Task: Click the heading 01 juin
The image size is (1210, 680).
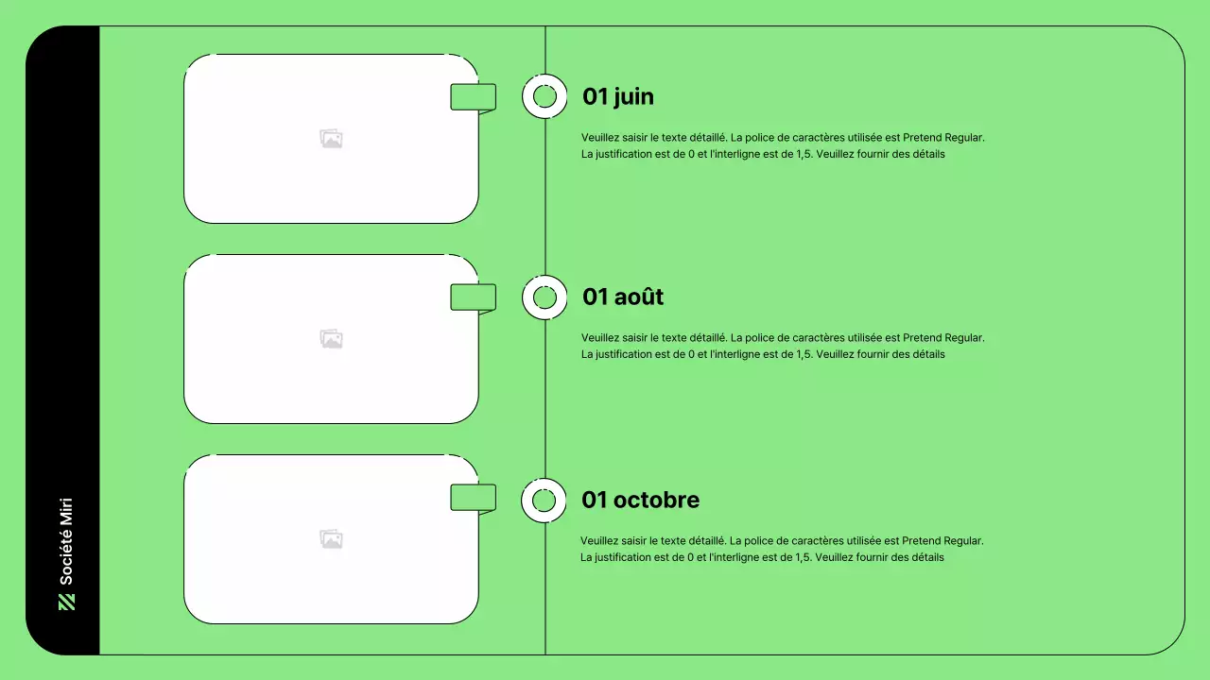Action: [617, 96]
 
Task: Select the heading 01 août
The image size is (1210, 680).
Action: [622, 297]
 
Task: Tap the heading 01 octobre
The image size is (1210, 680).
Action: [640, 500]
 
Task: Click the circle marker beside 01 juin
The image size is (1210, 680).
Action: [544, 96]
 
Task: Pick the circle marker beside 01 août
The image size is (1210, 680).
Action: [544, 297]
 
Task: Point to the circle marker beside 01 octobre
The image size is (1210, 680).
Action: [544, 501]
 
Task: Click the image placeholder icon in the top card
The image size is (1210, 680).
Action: [331, 139]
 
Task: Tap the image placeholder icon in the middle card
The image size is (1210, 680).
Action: [331, 339]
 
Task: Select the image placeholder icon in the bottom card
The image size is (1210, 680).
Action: [331, 539]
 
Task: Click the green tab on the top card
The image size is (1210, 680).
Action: [473, 97]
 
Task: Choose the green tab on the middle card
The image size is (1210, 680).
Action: [473, 297]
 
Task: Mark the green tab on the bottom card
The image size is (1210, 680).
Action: [473, 498]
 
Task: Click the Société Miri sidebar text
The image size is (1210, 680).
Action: [66, 541]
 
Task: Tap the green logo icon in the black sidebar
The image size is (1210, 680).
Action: [66, 602]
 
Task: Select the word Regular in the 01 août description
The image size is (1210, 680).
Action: [964, 337]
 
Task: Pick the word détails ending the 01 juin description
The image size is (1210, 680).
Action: [926, 154]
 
